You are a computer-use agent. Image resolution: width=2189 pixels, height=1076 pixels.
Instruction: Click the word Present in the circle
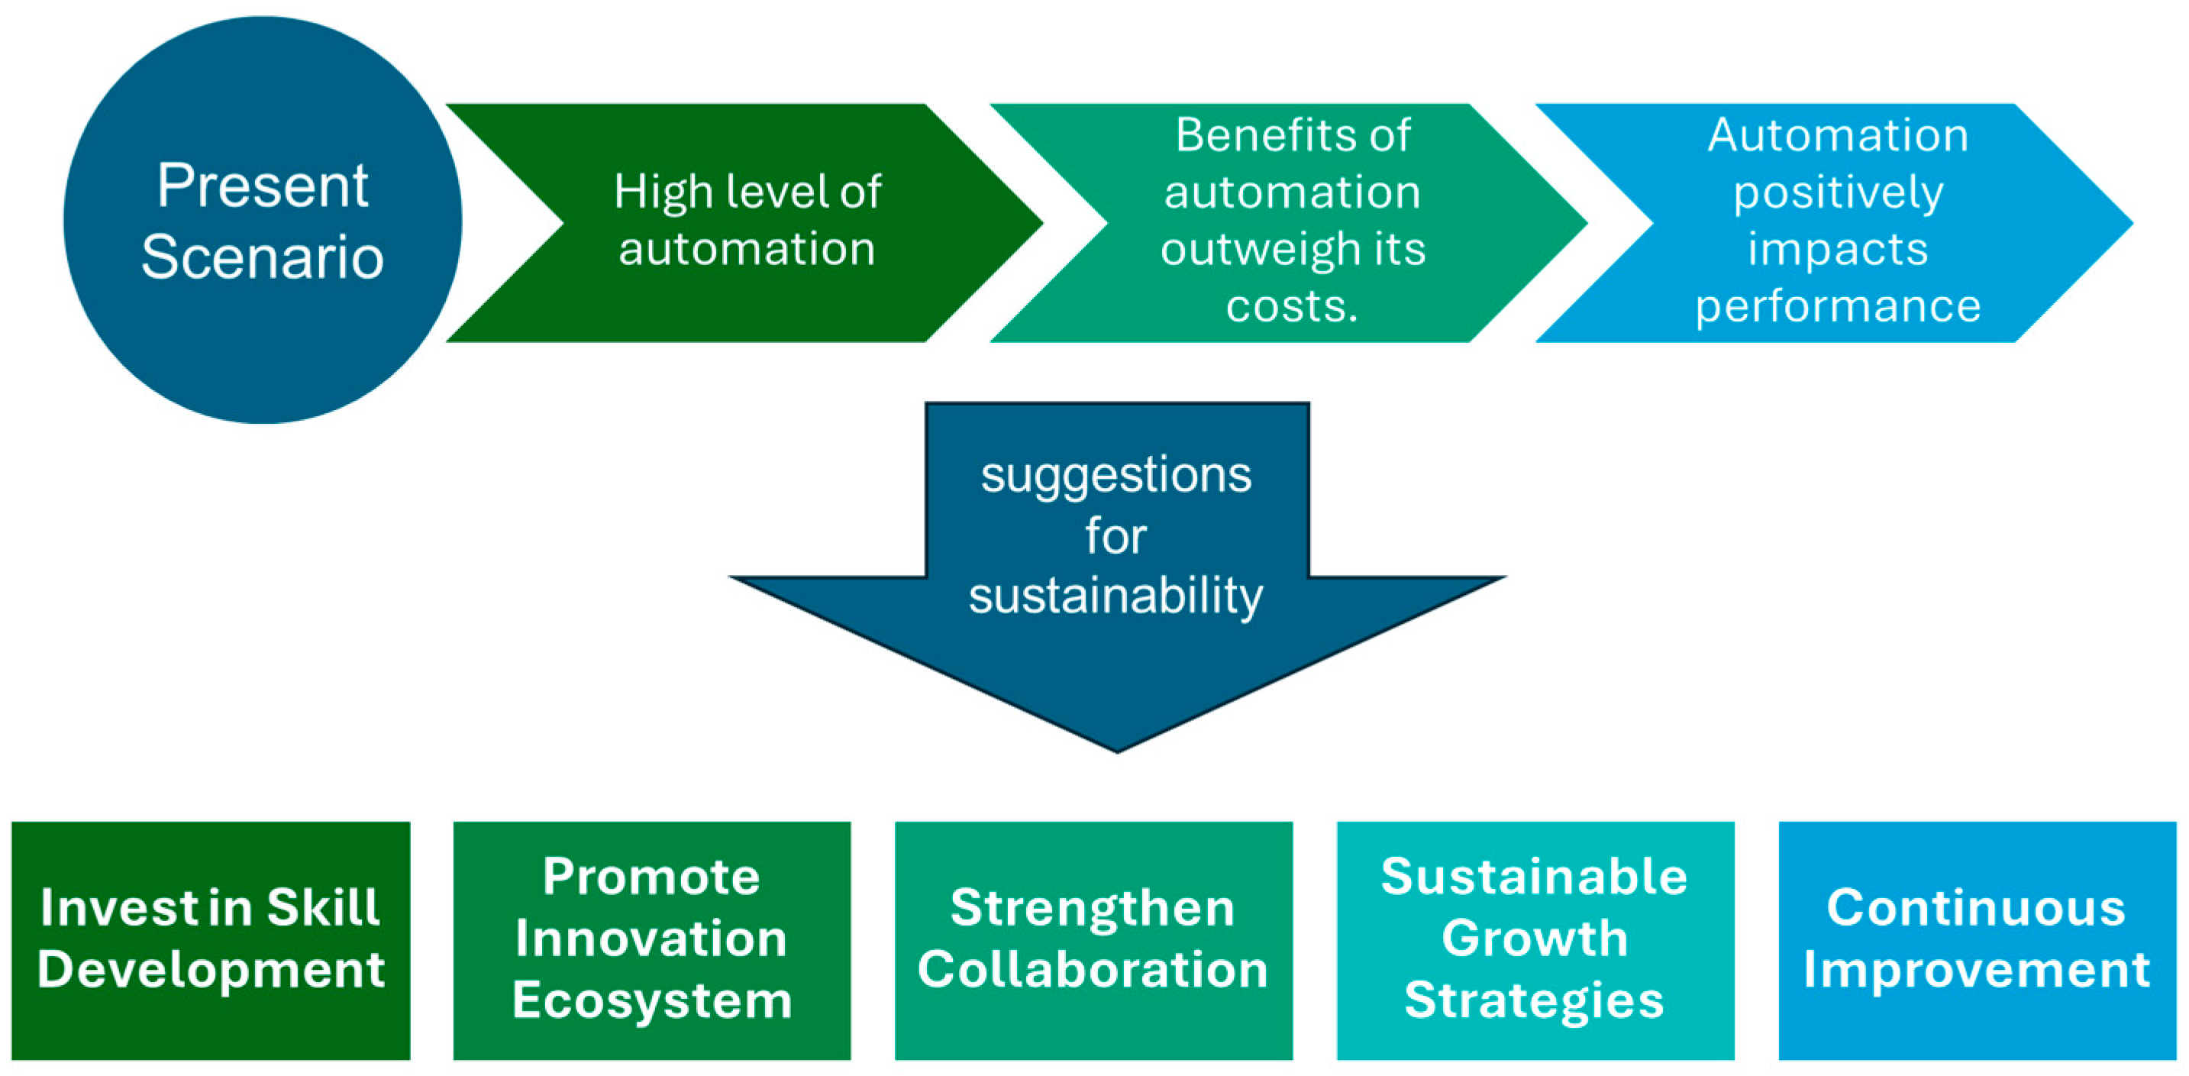[262, 186]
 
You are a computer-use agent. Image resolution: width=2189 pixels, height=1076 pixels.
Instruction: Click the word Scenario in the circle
[262, 257]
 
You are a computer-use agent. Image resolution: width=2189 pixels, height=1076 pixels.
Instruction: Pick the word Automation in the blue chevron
[1837, 135]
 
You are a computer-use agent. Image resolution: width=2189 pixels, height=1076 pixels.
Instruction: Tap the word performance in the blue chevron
[1837, 306]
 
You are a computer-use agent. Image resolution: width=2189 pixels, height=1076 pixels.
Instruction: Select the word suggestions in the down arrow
[1115, 474]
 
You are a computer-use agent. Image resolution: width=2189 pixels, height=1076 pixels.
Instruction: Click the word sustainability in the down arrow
[1115, 595]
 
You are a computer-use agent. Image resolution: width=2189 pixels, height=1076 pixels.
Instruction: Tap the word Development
[211, 970]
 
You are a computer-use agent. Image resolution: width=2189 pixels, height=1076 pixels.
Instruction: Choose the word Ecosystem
[652, 1001]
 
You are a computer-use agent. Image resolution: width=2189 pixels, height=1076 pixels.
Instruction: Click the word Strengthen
[1092, 908]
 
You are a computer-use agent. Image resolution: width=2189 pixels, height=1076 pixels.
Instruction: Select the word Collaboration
[1092, 970]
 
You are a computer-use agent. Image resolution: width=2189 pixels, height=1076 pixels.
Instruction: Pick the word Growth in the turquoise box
[1534, 939]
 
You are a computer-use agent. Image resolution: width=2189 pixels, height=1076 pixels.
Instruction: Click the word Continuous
[1976, 908]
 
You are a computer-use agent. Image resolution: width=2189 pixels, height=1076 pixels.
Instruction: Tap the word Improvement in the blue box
[1976, 970]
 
